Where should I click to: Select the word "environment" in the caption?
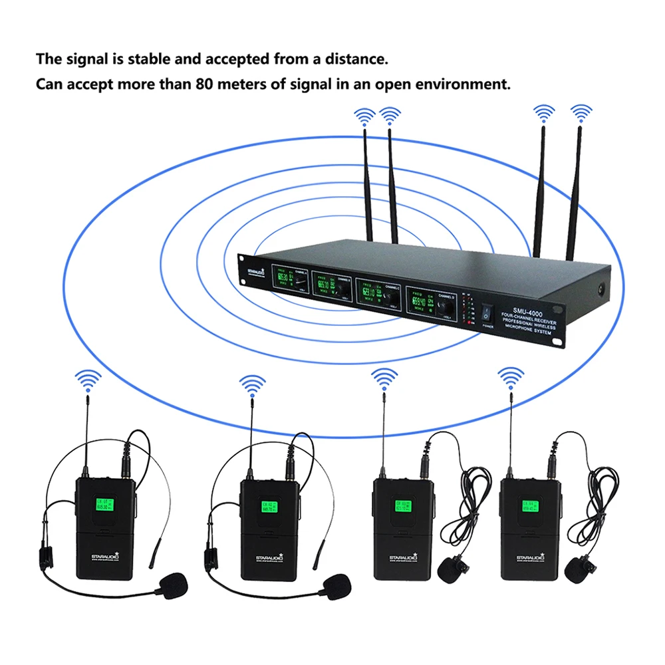pos(465,84)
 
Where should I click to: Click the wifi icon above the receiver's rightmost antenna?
pos(581,113)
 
